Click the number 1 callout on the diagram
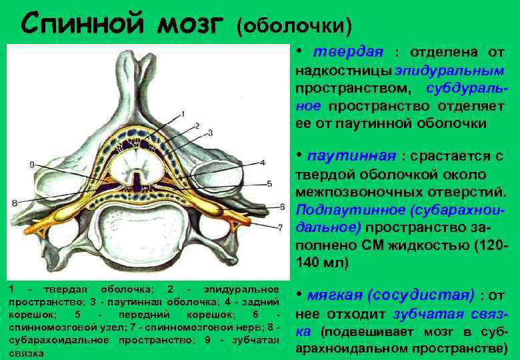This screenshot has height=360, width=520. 183,114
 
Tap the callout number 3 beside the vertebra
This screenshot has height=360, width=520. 210,133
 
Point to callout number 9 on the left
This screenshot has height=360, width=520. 32,164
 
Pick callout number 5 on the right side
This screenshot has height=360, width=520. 269,183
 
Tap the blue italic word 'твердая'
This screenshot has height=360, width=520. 349,52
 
